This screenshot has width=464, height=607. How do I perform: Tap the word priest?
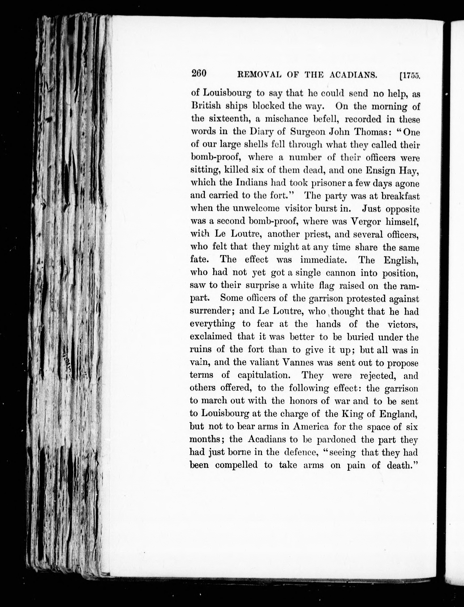(317, 234)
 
